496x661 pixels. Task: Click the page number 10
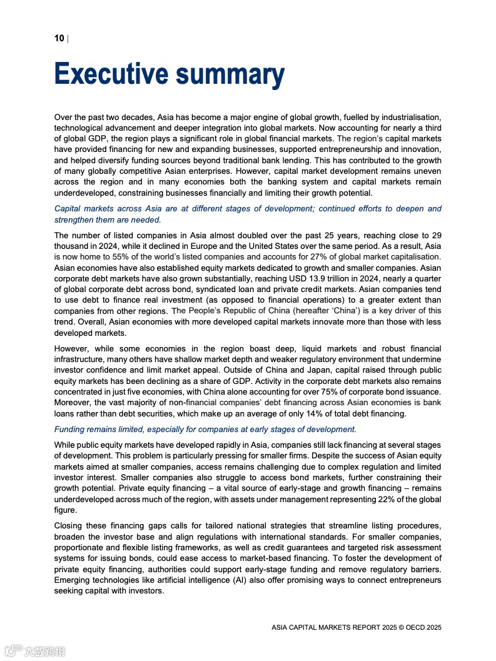pos(59,39)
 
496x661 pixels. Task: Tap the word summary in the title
pos(230,74)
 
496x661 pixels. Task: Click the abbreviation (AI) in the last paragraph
pos(263,580)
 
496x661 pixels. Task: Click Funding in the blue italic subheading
pos(70,429)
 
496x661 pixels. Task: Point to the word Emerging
pos(74,580)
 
